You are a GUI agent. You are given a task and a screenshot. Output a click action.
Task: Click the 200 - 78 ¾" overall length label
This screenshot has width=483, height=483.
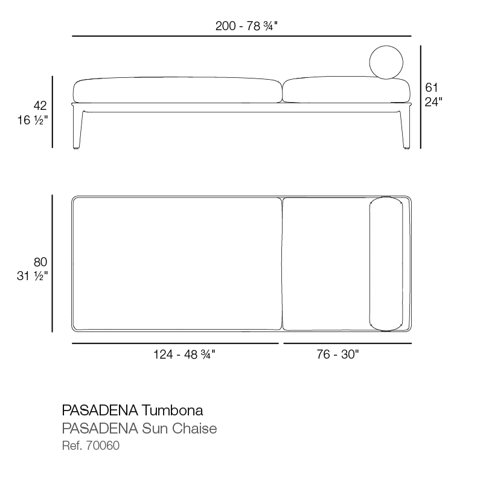pos(246,26)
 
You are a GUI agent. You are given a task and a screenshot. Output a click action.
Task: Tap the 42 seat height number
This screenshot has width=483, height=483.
pos(40,106)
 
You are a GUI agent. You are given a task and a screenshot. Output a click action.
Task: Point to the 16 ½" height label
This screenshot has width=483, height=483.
pos(33,120)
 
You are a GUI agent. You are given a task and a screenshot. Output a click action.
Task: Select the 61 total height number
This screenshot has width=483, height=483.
pos(431,88)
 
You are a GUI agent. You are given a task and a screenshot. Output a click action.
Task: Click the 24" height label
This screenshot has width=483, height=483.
pos(433,101)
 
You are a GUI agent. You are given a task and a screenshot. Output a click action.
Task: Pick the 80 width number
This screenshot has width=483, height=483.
pos(40,262)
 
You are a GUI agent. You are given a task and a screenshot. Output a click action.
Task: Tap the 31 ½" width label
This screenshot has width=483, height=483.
pos(33,276)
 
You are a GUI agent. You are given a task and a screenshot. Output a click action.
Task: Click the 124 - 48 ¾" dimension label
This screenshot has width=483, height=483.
pos(184,354)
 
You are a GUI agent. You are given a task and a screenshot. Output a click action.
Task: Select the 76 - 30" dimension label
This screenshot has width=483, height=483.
pos(337,354)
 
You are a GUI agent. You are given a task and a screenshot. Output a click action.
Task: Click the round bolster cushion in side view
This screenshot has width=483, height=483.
pos(386,62)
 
